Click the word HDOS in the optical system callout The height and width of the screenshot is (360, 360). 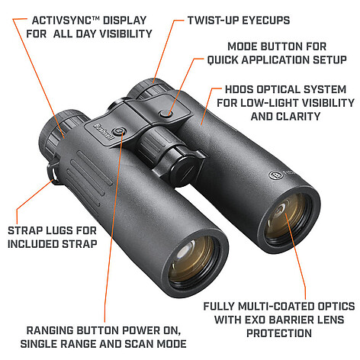239,89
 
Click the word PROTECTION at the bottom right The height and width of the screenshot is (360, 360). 279,333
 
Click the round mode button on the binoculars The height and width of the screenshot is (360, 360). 166,114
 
